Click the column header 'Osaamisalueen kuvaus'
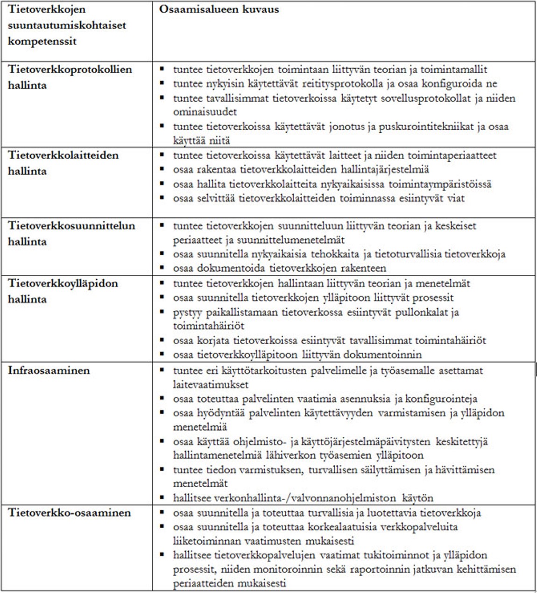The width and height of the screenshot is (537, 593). [219, 9]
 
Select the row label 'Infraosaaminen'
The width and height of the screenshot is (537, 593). [49, 370]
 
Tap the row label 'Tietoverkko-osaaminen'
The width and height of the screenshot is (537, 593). [69, 513]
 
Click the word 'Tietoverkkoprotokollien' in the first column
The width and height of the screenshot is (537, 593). [70, 69]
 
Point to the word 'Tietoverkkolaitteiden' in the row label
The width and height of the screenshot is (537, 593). [63, 155]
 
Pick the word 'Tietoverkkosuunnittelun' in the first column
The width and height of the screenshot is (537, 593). [71, 225]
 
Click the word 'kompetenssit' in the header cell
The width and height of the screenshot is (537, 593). [42, 41]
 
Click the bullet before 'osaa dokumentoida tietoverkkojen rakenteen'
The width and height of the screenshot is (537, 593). [162, 268]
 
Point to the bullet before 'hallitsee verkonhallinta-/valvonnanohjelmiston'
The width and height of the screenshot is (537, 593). [162, 498]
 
